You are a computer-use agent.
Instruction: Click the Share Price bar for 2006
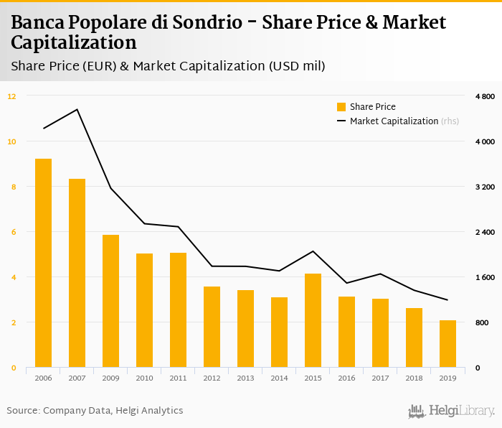coord(43,263)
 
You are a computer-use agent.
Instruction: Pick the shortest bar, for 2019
coord(447,344)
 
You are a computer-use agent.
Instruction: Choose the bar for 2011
coord(178,310)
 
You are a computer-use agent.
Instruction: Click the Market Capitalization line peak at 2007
coord(77,110)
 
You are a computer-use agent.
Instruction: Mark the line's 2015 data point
coord(313,251)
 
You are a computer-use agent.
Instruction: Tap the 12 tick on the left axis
coord(11,96)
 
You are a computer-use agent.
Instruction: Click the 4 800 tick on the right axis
coord(485,96)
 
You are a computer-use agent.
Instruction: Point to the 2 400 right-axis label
coord(485,233)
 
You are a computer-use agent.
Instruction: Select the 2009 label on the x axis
coord(110,378)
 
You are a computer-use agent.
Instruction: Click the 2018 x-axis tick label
coord(414,378)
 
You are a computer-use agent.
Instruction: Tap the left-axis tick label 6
coord(11,232)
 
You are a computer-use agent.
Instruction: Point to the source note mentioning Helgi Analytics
coord(95,411)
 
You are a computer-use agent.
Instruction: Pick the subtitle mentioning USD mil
coord(169,67)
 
